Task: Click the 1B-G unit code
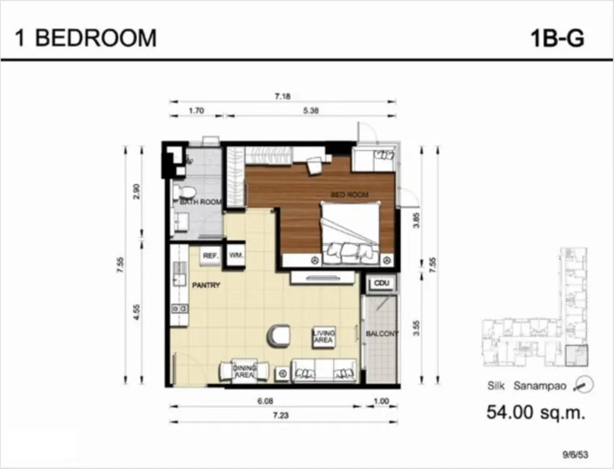pos(557,38)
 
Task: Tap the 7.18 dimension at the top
pos(283,96)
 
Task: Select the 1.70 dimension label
pos(196,111)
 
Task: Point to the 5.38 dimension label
pos(311,111)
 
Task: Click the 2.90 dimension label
pos(137,191)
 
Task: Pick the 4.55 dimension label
pos(137,312)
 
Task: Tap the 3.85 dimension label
pos(416,220)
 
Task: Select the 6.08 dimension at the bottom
pos(265,401)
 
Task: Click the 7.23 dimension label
pos(281,415)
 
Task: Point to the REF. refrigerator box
pos(210,256)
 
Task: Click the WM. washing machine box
pos(236,256)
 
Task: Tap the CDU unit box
pos(381,283)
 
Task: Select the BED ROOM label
pos(350,194)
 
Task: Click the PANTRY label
pos(206,285)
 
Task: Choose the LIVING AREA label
pos(324,336)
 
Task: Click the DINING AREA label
pos(244,371)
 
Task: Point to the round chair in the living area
pos(279,336)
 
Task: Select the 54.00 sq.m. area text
pos(536,412)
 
